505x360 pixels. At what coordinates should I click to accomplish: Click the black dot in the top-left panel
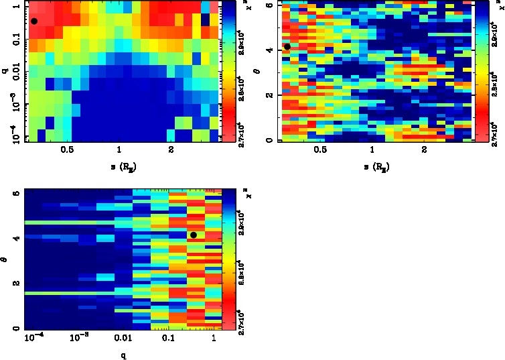pyautogui.click(x=34, y=21)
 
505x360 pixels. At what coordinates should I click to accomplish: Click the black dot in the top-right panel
pyautogui.click(x=287, y=46)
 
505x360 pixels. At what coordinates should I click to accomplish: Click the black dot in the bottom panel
pyautogui.click(x=194, y=235)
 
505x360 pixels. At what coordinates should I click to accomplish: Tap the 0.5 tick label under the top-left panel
pyautogui.click(x=67, y=150)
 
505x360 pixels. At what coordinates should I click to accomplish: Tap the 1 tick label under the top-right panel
pyautogui.click(x=372, y=150)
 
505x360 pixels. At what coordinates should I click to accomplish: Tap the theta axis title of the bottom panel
pyautogui.click(x=5, y=257)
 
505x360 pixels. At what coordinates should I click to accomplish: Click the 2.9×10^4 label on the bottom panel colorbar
pyautogui.click(x=238, y=229)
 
